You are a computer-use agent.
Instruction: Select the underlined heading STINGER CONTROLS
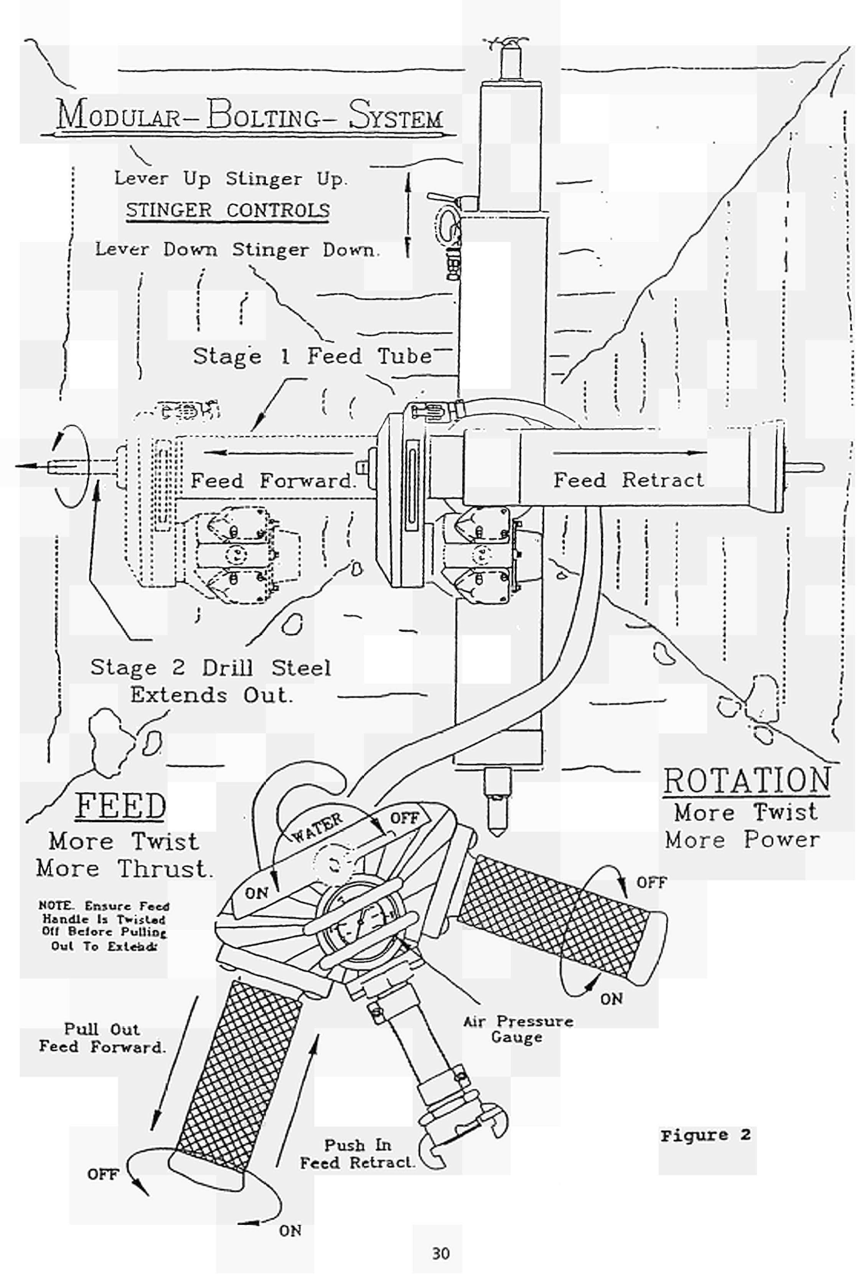point(228,210)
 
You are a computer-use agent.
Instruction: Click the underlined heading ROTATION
point(747,781)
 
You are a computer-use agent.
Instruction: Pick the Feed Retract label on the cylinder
point(628,480)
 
